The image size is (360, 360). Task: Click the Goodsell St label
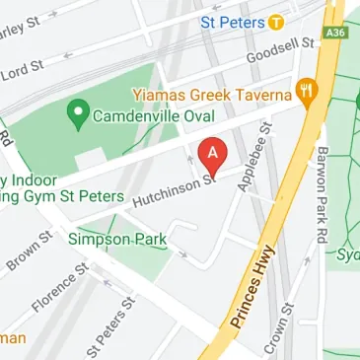[279, 50]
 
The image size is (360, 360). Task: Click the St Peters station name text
[233, 21]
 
